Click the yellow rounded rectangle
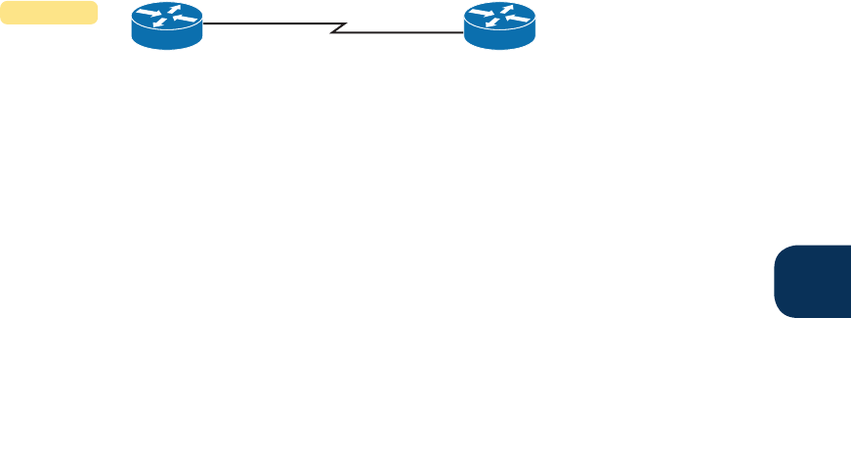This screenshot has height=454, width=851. (x=49, y=13)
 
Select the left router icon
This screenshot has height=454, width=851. (x=167, y=25)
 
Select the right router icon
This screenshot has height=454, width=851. (x=499, y=25)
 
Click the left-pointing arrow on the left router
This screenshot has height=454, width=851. (x=183, y=18)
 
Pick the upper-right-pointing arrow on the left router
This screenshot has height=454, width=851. (x=175, y=9)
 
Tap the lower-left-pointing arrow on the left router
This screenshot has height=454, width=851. (x=159, y=23)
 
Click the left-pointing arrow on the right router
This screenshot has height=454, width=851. (x=515, y=18)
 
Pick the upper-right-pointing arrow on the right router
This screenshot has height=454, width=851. (x=507, y=9)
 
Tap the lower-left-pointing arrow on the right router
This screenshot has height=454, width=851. (x=491, y=23)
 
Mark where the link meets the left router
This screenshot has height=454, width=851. (x=203, y=23)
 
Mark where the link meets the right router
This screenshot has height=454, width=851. (x=464, y=31)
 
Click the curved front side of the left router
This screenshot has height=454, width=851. (x=167, y=39)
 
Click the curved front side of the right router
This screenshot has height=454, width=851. (x=499, y=39)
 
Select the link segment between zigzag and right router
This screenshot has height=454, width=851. (x=401, y=31)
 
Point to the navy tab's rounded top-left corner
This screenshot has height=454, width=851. (x=782, y=251)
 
